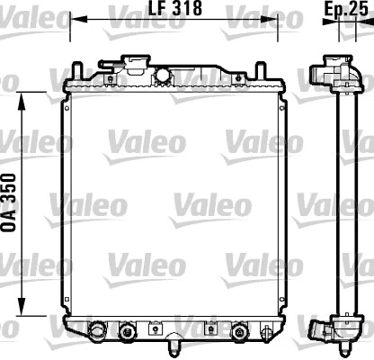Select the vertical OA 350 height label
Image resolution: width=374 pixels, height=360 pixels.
(x=12, y=206)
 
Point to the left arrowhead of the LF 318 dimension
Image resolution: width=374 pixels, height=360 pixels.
(x=75, y=21)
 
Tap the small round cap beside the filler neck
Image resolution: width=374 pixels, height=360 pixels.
(x=165, y=74)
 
